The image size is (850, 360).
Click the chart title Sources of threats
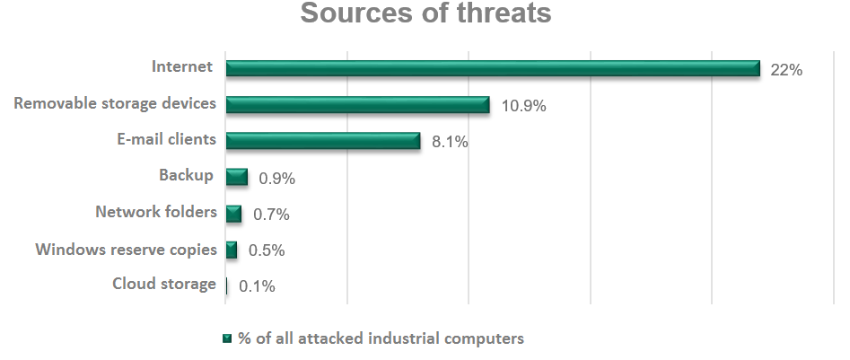point(425,14)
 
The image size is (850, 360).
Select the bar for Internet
point(493,69)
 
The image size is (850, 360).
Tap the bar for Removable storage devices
point(357,105)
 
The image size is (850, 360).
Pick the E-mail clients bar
point(323,141)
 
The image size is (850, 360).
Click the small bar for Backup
point(237,177)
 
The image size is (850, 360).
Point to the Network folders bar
point(234,214)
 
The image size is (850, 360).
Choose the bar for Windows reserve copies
point(232,250)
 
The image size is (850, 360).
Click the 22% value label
point(785,70)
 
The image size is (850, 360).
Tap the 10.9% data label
point(524,106)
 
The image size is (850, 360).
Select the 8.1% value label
point(450,142)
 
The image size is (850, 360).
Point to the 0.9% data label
point(276,179)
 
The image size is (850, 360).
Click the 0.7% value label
point(270,215)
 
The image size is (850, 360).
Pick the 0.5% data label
point(267,250)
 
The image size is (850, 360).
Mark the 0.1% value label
point(257,287)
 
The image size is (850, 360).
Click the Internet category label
point(182,66)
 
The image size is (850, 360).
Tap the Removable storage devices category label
point(115,103)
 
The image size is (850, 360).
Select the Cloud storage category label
point(164,284)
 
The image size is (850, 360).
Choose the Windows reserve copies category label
point(126,249)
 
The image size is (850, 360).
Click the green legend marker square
point(227,339)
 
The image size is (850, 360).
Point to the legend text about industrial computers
point(381,338)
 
